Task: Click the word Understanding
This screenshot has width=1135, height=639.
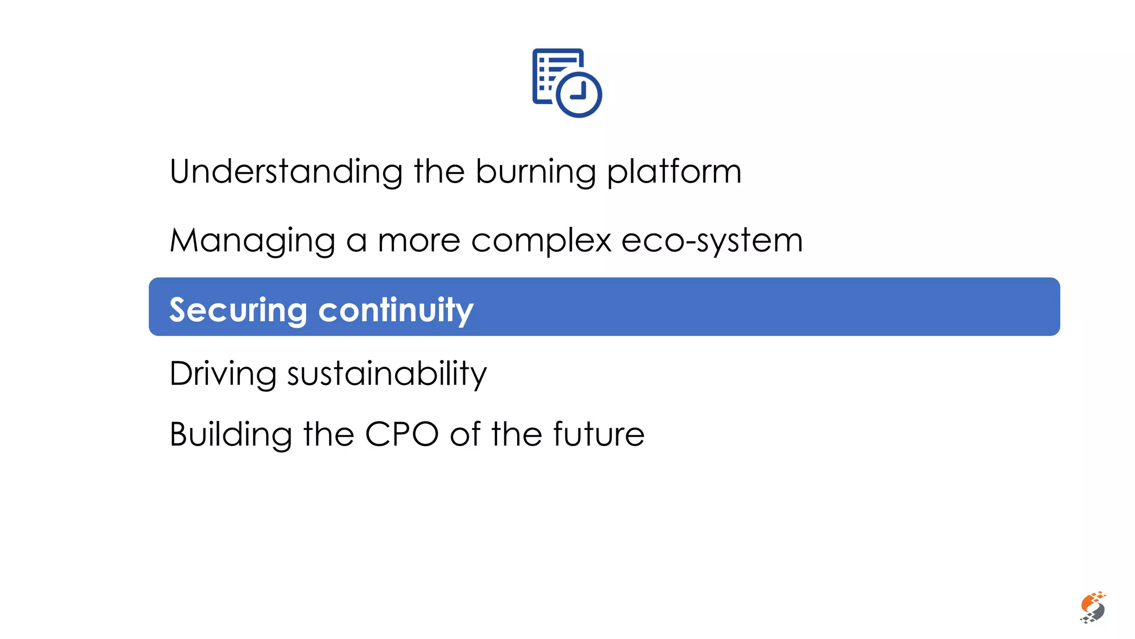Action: point(285,172)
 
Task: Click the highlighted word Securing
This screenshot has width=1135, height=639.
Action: point(238,310)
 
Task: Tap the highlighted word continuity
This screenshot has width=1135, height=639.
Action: point(396,310)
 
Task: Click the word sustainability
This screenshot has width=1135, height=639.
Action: point(387,374)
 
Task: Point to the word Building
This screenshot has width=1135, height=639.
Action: point(231,434)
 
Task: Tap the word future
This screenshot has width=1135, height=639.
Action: point(599,434)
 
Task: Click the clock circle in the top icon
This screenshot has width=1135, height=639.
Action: point(579,94)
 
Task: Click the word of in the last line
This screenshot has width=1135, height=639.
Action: point(464,434)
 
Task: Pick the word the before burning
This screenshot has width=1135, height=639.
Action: point(439,172)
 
